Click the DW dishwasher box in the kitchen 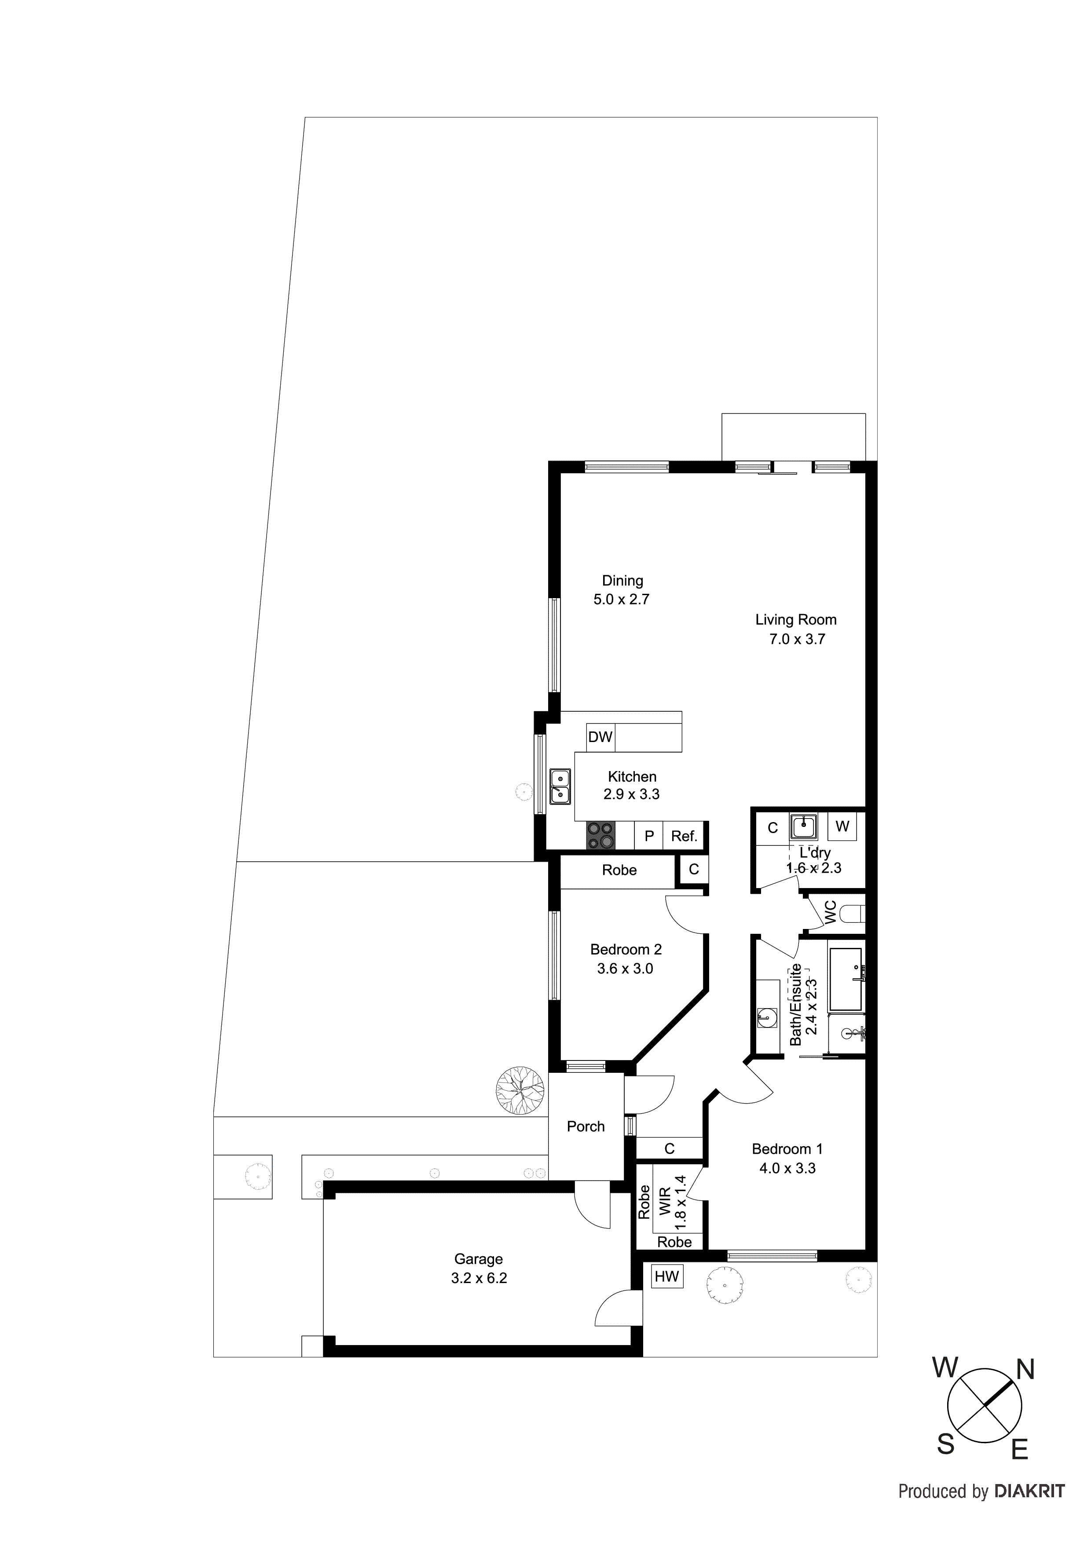click(600, 737)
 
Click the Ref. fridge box click(685, 836)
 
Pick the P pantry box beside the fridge click(649, 836)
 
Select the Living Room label click(796, 620)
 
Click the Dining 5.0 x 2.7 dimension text click(621, 600)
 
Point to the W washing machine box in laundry click(842, 826)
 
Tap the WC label click(830, 912)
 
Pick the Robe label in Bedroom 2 click(619, 870)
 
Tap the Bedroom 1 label click(787, 1149)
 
